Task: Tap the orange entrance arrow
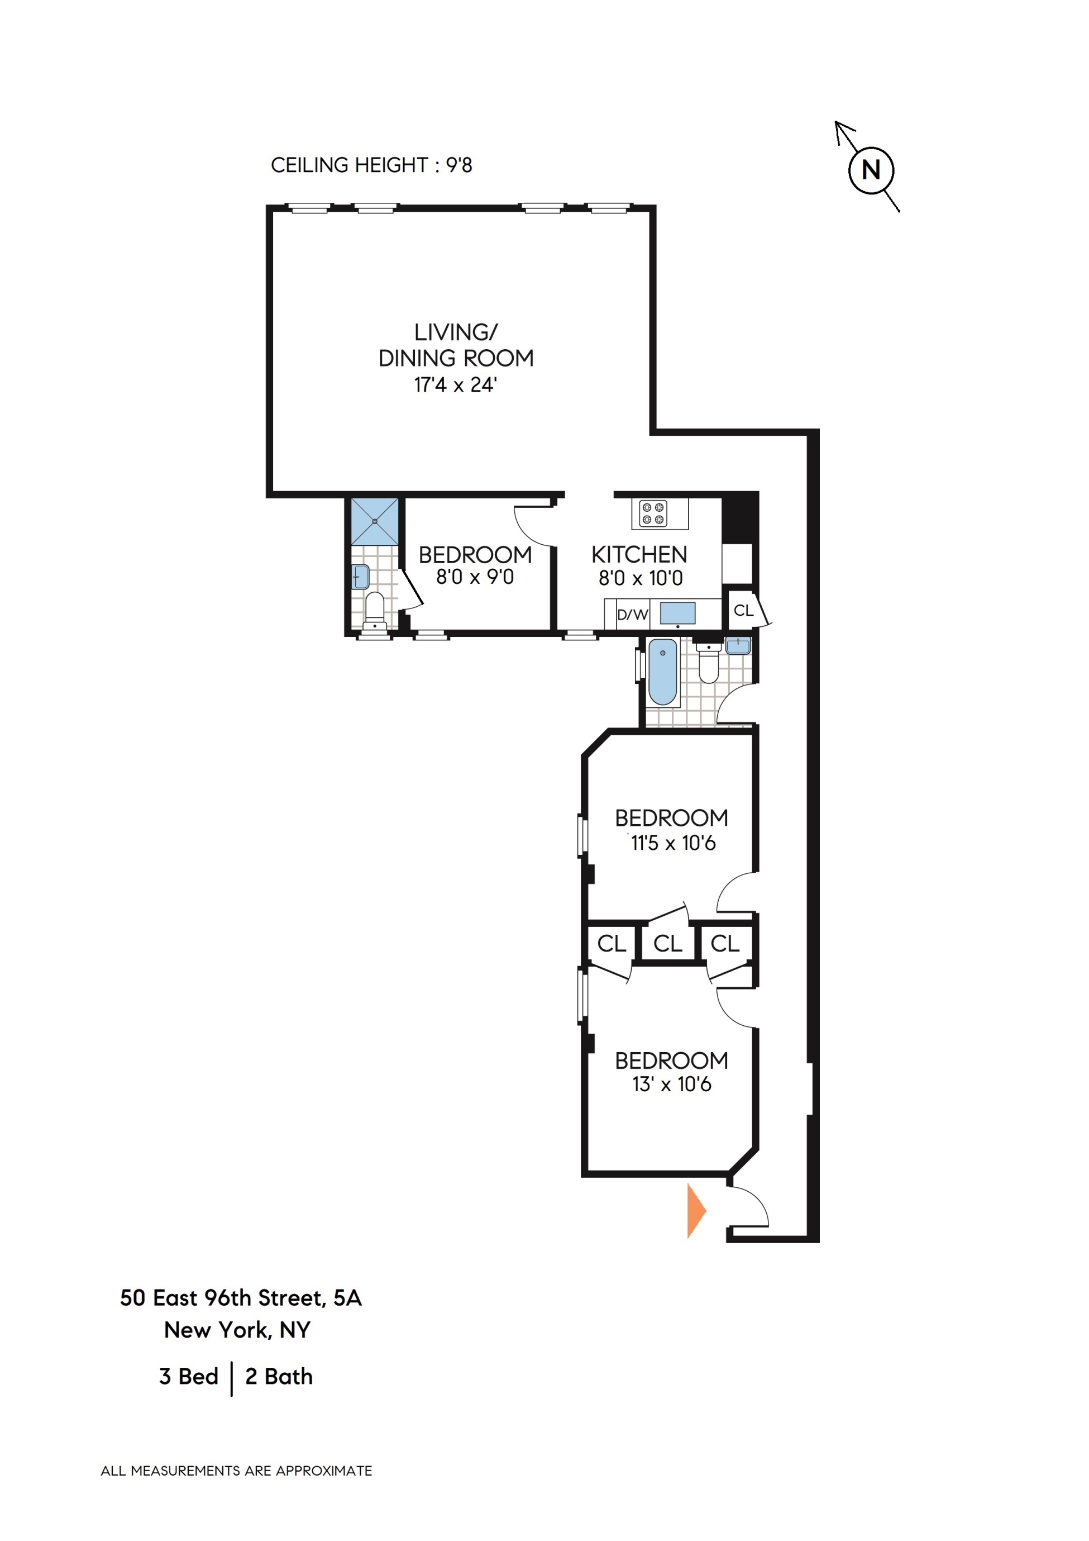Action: click(x=695, y=1211)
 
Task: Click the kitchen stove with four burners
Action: click(x=653, y=513)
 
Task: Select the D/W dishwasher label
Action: click(x=632, y=614)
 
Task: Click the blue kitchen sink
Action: click(x=677, y=613)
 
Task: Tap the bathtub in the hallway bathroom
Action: click(x=663, y=671)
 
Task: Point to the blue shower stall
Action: click(x=374, y=521)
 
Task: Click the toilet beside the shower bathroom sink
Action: click(x=374, y=610)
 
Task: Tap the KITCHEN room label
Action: click(x=639, y=554)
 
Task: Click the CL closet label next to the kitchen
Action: click(x=743, y=610)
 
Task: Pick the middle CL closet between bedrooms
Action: click(x=667, y=943)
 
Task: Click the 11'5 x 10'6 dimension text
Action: click(x=672, y=843)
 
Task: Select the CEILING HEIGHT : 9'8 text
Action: click(x=371, y=165)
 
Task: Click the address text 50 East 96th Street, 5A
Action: click(x=240, y=1297)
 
